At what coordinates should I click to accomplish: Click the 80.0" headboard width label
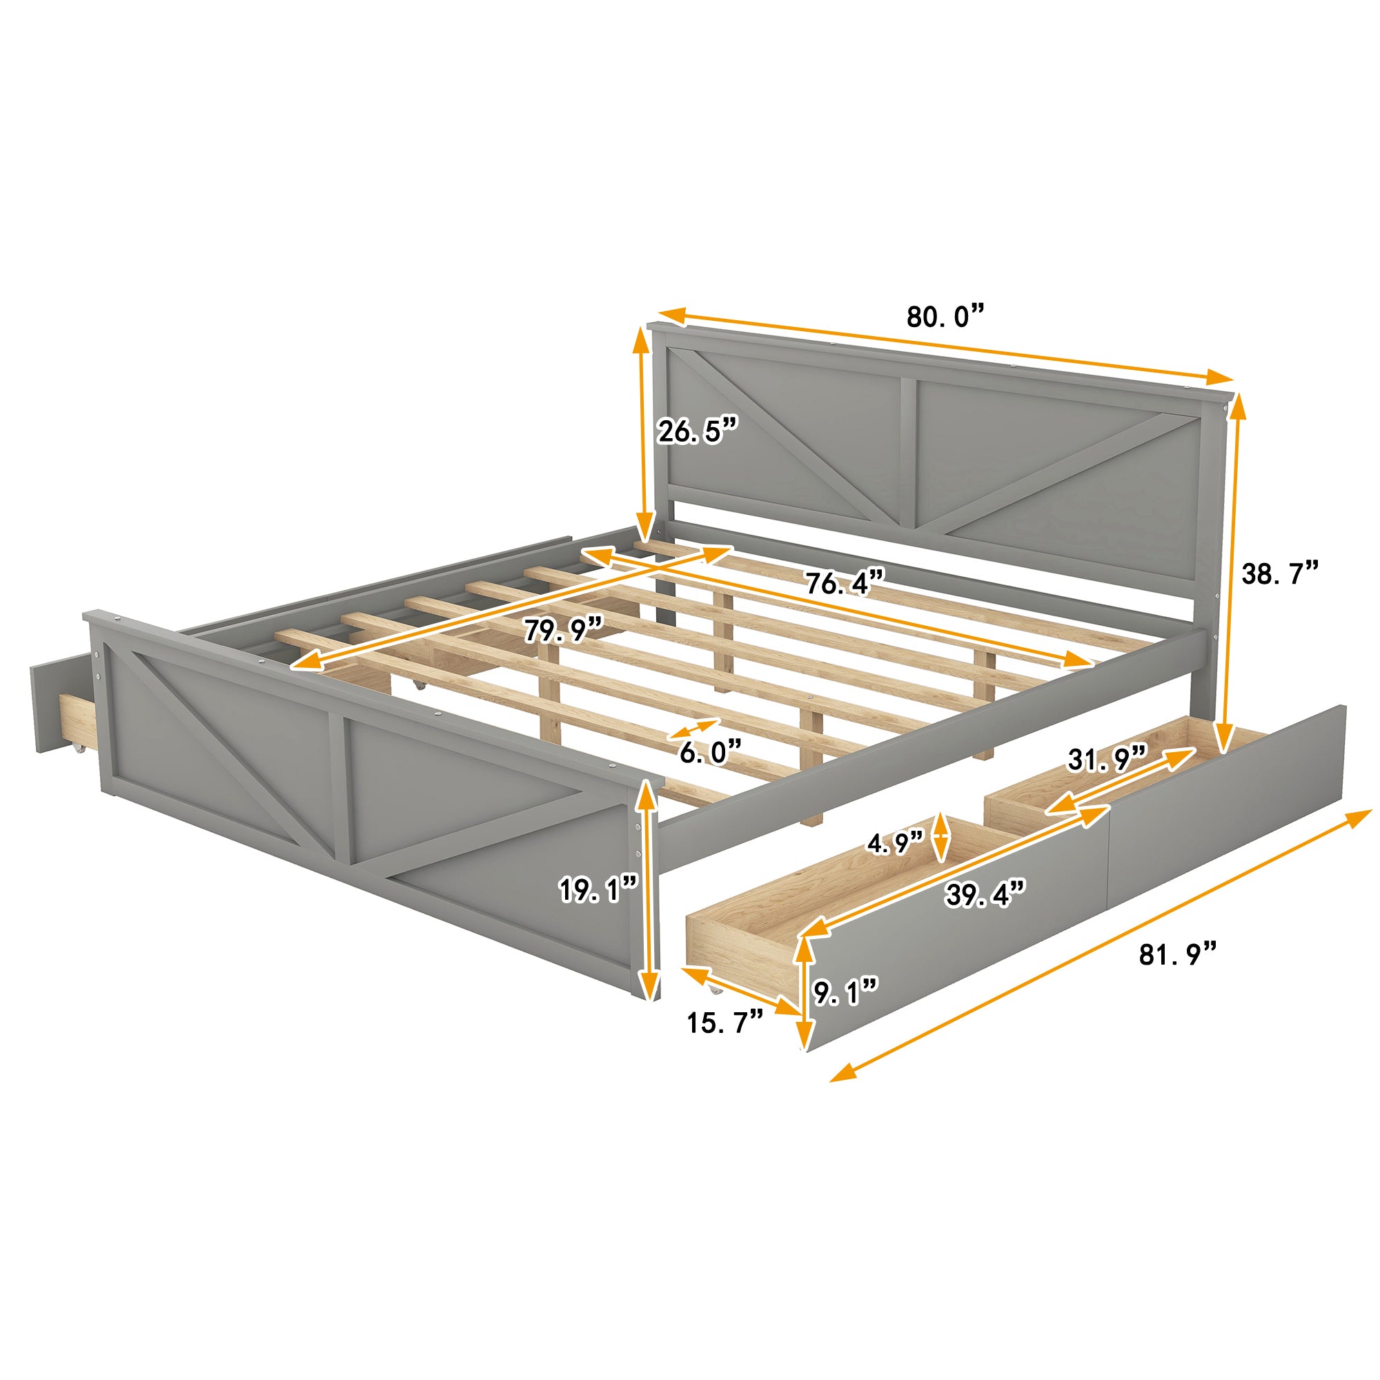pos(945,317)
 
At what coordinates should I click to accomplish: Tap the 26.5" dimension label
pos(696,431)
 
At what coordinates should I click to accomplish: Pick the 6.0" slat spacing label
pos(710,751)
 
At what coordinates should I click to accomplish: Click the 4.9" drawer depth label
pos(896,844)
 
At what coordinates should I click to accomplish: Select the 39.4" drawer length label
pos(986,894)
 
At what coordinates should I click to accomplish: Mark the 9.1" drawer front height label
pos(845,992)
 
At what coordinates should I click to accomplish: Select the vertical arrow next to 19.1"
pos(647,891)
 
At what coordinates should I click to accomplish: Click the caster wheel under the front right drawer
pos(714,990)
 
